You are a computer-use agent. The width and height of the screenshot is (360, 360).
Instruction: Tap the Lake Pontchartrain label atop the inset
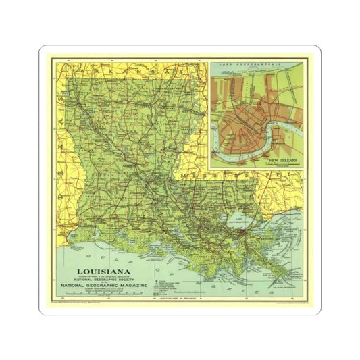257,65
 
